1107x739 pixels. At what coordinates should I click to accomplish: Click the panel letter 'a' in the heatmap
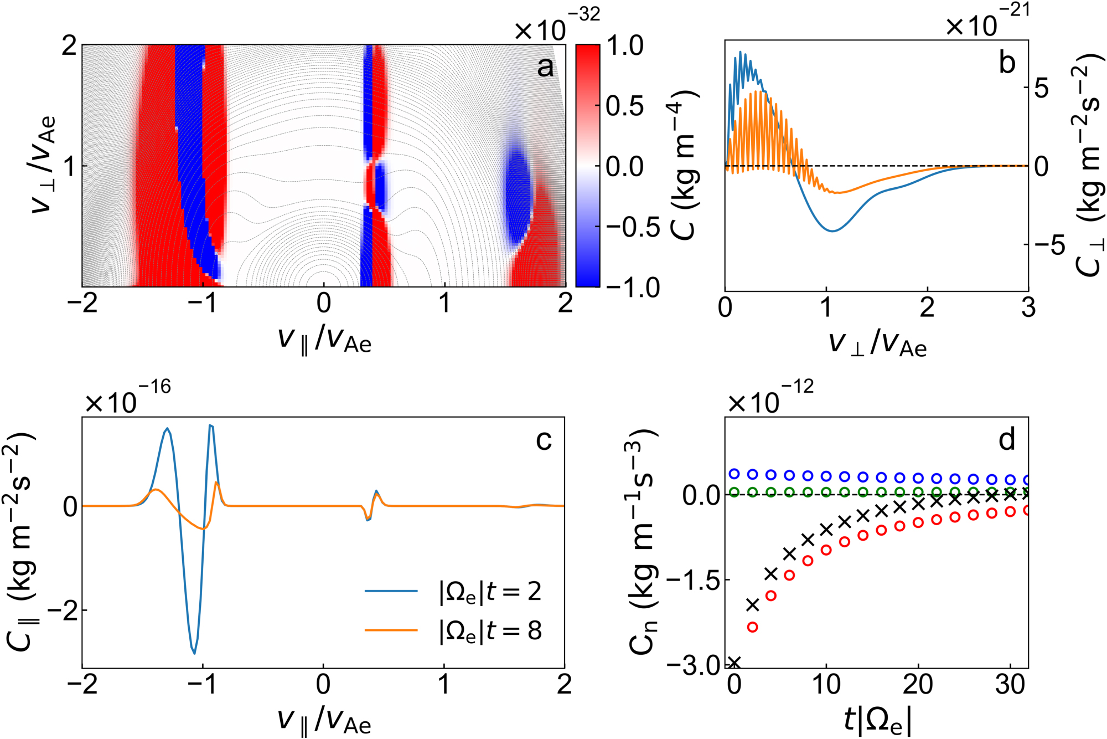pos(545,68)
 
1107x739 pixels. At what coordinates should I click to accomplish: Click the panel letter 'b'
pos(1007,63)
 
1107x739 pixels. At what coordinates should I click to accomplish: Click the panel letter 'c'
pos(544,440)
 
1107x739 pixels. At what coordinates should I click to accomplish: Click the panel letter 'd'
pos(1007,440)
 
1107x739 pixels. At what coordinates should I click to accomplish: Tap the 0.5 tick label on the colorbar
pos(624,105)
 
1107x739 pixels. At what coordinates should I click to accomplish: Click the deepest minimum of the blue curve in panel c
pos(194,653)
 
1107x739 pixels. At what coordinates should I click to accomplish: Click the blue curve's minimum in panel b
pos(832,230)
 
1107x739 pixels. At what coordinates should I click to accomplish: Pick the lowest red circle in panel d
pos(752,627)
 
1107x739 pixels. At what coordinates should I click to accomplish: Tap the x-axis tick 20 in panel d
pos(918,685)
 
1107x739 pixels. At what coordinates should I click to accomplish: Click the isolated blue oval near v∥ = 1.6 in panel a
pos(518,197)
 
